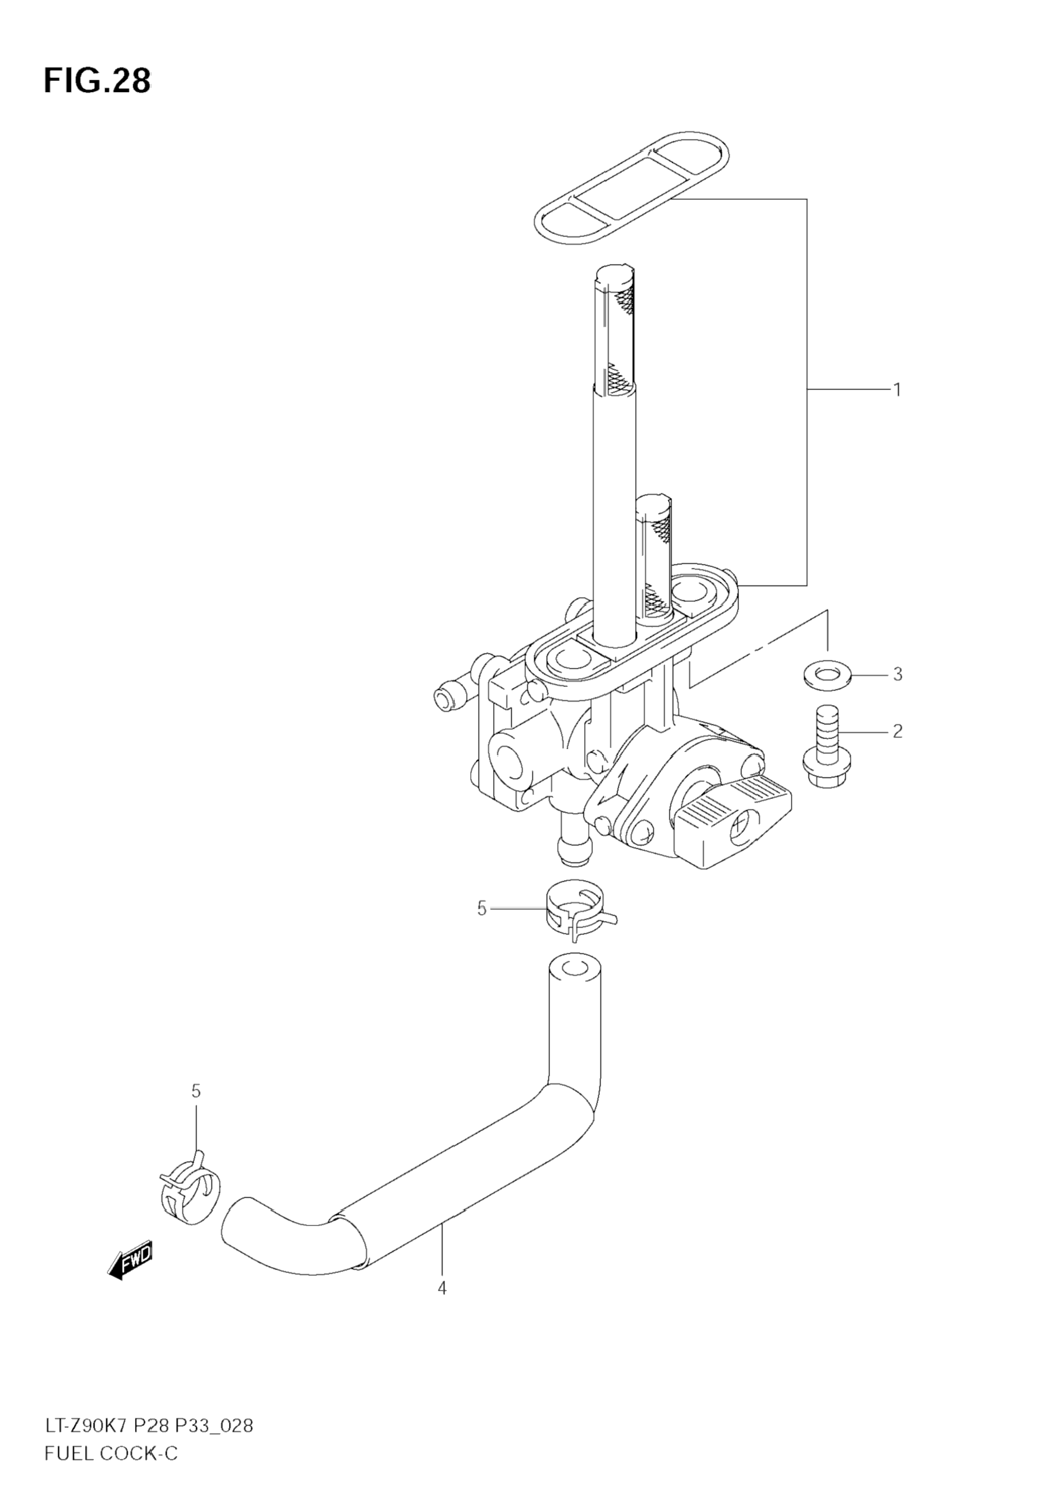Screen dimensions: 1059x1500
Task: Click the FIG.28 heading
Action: click(97, 80)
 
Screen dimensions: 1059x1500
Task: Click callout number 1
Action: click(898, 390)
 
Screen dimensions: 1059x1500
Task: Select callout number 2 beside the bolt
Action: click(898, 731)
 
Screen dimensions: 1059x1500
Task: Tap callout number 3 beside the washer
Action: click(898, 673)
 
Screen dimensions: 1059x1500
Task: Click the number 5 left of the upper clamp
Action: click(482, 909)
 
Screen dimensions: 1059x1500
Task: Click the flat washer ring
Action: click(827, 673)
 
